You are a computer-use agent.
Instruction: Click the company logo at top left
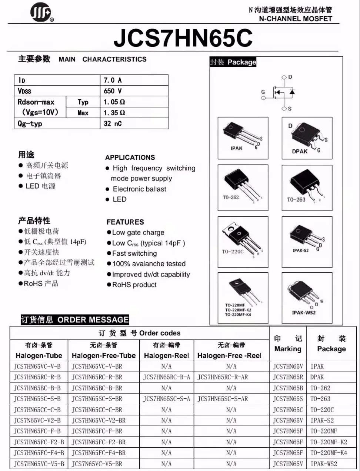click(41, 13)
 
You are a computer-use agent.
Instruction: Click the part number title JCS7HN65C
click(183, 37)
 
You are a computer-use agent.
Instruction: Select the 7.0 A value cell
click(113, 80)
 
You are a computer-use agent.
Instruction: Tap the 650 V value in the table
click(113, 91)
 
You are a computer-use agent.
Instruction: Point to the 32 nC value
click(113, 123)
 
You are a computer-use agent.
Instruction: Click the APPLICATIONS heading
click(130, 157)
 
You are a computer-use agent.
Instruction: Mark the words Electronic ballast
click(139, 189)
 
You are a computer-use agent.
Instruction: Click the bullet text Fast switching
click(134, 253)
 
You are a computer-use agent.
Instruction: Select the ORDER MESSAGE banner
click(75, 319)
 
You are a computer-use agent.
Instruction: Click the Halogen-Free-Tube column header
click(104, 355)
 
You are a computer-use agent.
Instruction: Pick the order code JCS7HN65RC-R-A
click(166, 377)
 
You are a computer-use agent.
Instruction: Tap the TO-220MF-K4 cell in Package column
click(329, 453)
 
